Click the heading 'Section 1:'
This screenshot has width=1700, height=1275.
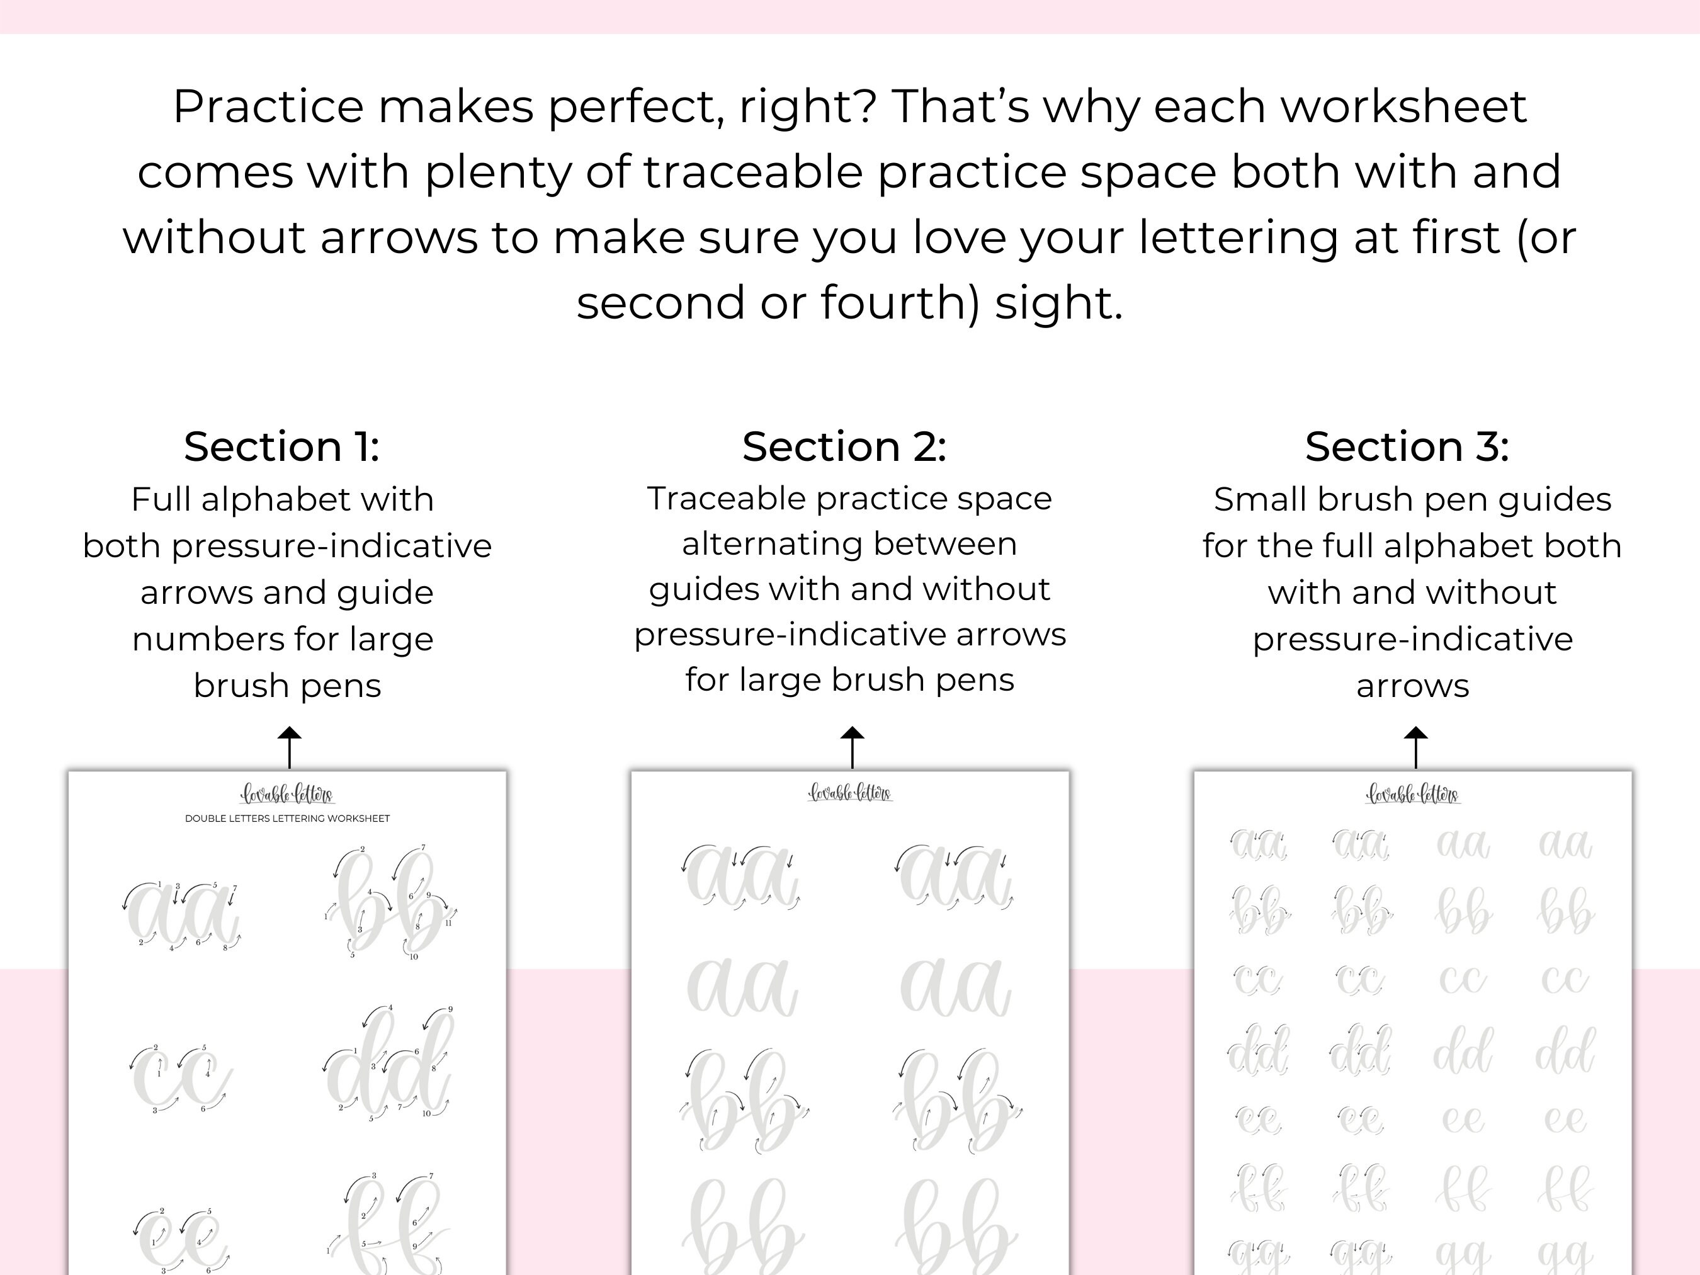pos(281,446)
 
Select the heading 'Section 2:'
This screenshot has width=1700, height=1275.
pos(844,446)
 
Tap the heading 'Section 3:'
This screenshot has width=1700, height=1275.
pos(1407,446)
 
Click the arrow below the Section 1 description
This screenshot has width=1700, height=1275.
pos(289,746)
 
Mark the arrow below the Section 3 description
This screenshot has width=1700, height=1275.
pos(1415,746)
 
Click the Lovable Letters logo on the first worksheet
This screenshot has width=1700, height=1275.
pos(288,794)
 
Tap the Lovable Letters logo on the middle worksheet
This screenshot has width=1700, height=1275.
pos(850,792)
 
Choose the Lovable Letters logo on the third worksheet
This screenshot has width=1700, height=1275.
pos(1412,794)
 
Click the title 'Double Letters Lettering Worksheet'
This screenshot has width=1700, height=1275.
pos(288,819)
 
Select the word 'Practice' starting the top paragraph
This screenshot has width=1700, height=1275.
pos(268,107)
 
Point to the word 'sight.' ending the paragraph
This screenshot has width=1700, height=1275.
pos(1058,302)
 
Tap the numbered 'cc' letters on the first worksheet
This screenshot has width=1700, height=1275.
pos(181,1076)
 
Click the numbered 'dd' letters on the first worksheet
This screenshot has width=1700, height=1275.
pos(388,1065)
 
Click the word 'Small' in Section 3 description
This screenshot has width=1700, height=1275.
pos(1258,499)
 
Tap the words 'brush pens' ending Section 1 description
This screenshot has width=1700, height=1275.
pos(288,686)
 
